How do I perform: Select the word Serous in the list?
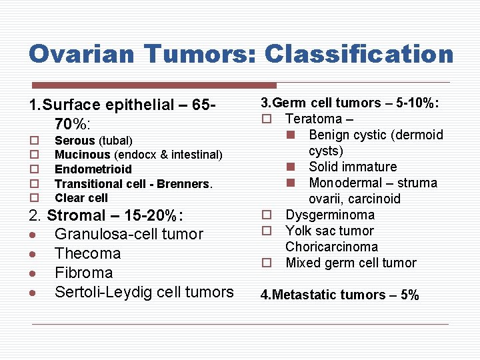pos(75,141)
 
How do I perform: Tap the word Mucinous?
pos(83,155)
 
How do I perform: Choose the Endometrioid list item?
pos(93,169)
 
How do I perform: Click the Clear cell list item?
pos(81,198)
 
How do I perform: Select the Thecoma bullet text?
pos(87,253)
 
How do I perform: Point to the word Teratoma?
pos(313,119)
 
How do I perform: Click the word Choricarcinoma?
pos(331,247)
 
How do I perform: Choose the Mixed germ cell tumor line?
pos(351,263)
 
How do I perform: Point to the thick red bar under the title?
pos(155,85)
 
